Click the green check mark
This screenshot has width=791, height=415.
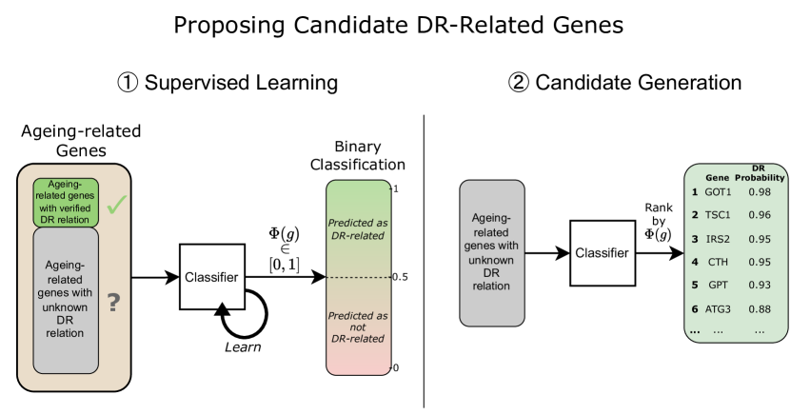(x=116, y=204)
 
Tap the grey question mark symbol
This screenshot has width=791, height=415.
(x=113, y=303)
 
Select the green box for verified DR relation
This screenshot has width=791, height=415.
(x=67, y=203)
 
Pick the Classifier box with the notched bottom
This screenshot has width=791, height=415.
(x=212, y=277)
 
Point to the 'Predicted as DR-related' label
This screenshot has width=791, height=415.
(x=358, y=229)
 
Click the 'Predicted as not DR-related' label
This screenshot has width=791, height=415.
(x=358, y=326)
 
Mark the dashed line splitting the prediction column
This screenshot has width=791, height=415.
(x=358, y=277)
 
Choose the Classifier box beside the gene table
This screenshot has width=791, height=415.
(x=602, y=253)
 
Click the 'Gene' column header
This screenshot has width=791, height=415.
(x=717, y=178)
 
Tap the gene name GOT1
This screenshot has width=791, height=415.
(x=718, y=192)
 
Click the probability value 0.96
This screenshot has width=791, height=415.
(x=760, y=215)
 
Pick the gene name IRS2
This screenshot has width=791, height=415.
(x=718, y=238)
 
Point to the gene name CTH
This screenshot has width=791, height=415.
(x=718, y=262)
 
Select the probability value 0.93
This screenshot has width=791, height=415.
(x=760, y=285)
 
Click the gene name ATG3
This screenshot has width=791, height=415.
(x=718, y=308)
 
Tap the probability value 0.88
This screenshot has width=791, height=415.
(x=760, y=308)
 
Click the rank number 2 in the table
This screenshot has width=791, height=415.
(x=695, y=215)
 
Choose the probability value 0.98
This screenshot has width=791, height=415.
(x=760, y=192)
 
